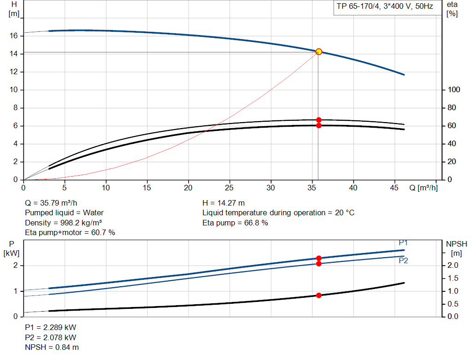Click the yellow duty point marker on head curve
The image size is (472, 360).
point(319,52)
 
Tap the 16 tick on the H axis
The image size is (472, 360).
point(14,35)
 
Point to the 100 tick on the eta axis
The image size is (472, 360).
point(454,90)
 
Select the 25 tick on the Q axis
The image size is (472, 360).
point(230,188)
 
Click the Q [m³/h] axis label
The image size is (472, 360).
point(423,188)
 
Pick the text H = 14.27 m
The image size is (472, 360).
point(224,203)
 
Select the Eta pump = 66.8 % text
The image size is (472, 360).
point(235,223)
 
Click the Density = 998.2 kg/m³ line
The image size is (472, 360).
point(63,223)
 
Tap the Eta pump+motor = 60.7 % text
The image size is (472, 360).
point(70,233)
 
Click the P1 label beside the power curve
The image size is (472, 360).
point(403,243)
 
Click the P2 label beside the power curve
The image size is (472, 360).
point(403,261)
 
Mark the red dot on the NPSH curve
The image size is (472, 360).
point(319,295)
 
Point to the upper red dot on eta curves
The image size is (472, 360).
point(319,120)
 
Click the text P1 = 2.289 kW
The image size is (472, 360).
point(50,327)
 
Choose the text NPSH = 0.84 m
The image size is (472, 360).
point(52,347)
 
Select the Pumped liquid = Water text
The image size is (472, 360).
point(64,213)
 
